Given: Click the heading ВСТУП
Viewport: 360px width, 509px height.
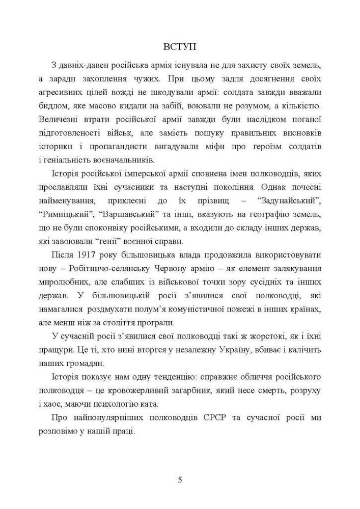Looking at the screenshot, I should point(179,47).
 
